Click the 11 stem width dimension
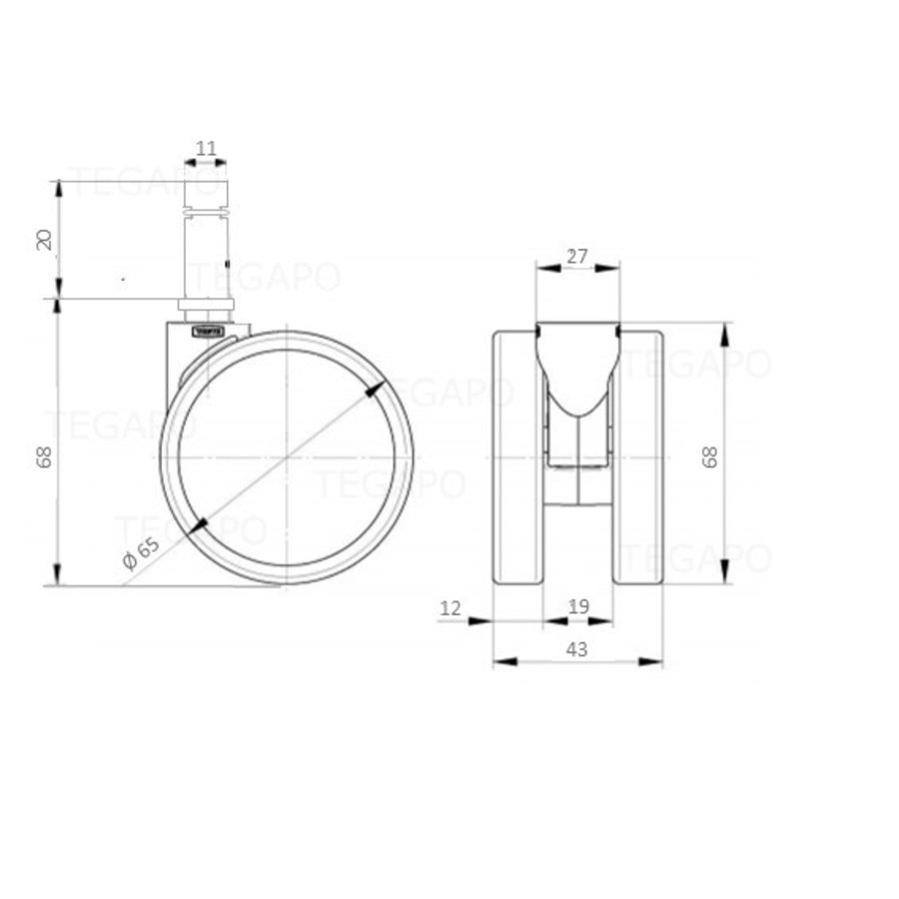[206, 149]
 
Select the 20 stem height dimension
[44, 239]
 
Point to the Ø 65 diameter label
[141, 552]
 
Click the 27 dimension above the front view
[576, 256]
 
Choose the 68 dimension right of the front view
[710, 457]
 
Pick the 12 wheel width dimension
[451, 606]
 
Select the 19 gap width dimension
[577, 606]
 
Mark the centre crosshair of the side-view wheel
[287, 457]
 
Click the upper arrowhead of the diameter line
[375, 392]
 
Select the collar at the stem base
[207, 306]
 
